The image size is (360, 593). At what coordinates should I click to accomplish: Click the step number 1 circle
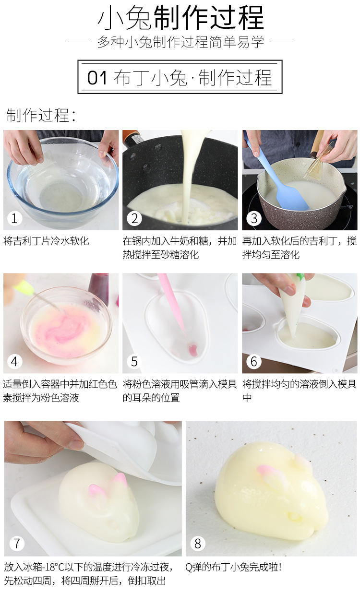(14, 219)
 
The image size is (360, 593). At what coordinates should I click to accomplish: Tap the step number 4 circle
(14, 362)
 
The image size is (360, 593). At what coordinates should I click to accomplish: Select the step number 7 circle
(17, 543)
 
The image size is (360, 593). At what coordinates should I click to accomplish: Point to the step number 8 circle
(198, 543)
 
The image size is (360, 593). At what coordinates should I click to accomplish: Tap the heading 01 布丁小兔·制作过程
(180, 78)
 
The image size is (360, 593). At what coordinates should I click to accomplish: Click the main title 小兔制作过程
(180, 18)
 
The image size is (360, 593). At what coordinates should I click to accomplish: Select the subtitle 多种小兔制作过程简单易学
(180, 42)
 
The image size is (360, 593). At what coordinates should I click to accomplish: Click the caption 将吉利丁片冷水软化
(46, 240)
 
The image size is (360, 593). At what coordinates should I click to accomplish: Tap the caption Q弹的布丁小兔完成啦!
(233, 567)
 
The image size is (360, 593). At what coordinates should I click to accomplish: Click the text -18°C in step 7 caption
(55, 567)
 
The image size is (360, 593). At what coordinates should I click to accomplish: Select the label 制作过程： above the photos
(41, 116)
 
